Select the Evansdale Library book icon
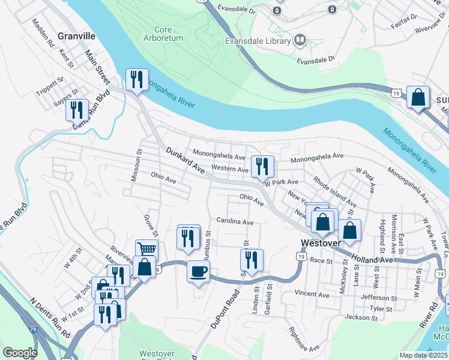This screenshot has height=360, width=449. pyautogui.click(x=300, y=41)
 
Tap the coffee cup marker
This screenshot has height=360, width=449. pyautogui.click(x=198, y=272)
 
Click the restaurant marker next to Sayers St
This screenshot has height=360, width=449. pyautogui.click(x=77, y=110)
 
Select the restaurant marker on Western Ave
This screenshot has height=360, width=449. pyautogui.click(x=262, y=166)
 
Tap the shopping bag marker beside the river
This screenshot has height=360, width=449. pyautogui.click(x=418, y=97)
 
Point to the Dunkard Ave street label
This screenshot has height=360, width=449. pyautogui.click(x=185, y=161)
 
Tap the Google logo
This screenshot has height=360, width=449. pyautogui.click(x=20, y=352)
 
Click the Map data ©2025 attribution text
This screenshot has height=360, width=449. pyautogui.click(x=424, y=355)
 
